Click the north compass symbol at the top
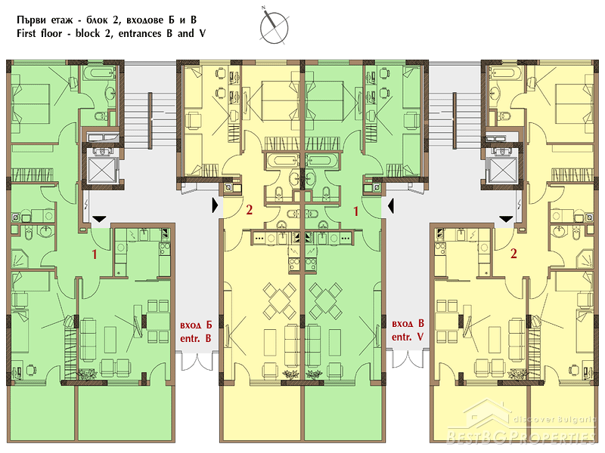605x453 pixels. coord(274,26)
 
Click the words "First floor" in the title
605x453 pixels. coord(39,33)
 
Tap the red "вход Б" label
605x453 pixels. coord(196,325)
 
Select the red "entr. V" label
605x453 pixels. coord(408,337)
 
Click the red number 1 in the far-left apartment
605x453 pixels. coord(94,254)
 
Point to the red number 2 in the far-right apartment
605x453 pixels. coord(513,254)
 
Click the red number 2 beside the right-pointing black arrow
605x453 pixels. coord(250,210)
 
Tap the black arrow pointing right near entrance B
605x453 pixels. coord(215,205)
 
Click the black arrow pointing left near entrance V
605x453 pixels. coord(391,205)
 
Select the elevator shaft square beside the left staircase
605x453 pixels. coord(102,170)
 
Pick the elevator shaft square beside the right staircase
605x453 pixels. coord(503,170)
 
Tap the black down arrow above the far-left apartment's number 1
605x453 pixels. coord(99,219)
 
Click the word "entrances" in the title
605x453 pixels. coord(140,34)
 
